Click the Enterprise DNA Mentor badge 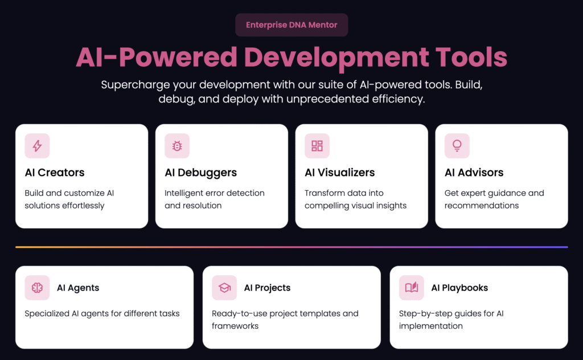pyautogui.click(x=291, y=25)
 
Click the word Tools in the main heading pyautogui.click(x=471, y=58)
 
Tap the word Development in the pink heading pyautogui.click(x=336, y=58)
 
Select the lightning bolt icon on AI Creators pyautogui.click(x=37, y=146)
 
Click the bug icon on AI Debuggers pyautogui.click(x=177, y=146)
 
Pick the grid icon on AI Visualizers pyautogui.click(x=317, y=146)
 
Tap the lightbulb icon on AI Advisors pyautogui.click(x=457, y=146)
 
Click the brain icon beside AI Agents pyautogui.click(x=37, y=288)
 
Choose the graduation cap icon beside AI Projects pyautogui.click(x=224, y=288)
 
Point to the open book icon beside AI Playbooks pyautogui.click(x=412, y=288)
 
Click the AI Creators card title pyautogui.click(x=55, y=173)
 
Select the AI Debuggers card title pyautogui.click(x=201, y=173)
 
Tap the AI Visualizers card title pyautogui.click(x=340, y=173)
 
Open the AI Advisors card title pyautogui.click(x=474, y=173)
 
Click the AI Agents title pyautogui.click(x=78, y=288)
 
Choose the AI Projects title pyautogui.click(x=268, y=288)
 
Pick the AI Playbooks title pyautogui.click(x=459, y=288)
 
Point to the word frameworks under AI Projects pyautogui.click(x=235, y=326)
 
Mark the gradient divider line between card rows pyautogui.click(x=291, y=247)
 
